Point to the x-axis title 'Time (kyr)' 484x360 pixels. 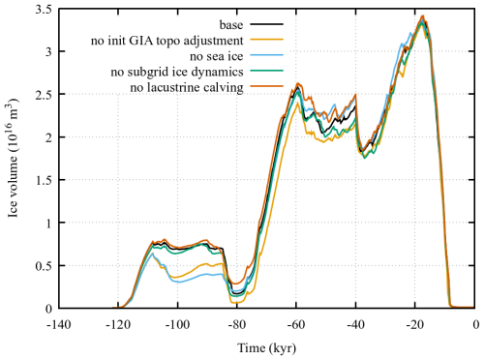[x=265, y=346]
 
